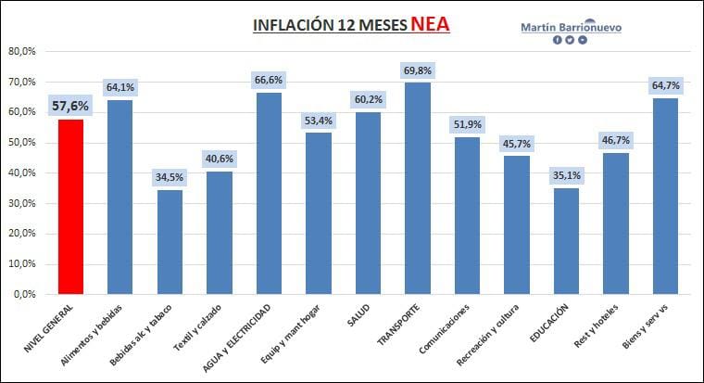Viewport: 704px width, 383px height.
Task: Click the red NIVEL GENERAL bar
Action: click(70, 206)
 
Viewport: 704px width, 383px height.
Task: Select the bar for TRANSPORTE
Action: click(418, 188)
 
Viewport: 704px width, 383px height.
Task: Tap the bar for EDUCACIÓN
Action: click(567, 240)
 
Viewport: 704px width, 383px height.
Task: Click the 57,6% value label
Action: click(70, 106)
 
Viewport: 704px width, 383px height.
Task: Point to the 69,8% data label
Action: click(418, 70)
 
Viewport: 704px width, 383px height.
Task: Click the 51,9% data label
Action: click(468, 124)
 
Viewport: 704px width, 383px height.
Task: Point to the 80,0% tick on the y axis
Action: click(21, 52)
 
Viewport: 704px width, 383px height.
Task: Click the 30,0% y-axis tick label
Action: click(21, 203)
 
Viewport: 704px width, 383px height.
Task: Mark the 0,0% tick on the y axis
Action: click(24, 294)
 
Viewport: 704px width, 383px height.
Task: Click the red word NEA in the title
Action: click(431, 25)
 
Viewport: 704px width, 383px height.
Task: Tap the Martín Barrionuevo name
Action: click(571, 27)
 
